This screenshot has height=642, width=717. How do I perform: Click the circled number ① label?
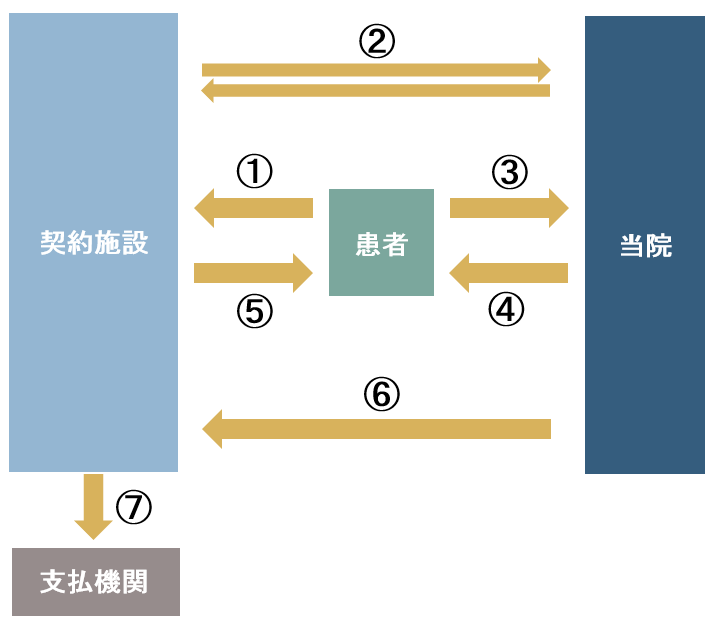tap(254, 172)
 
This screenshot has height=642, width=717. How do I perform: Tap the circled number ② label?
tap(377, 41)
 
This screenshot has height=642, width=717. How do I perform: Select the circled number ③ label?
tap(509, 172)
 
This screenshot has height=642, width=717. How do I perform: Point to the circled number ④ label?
tap(506, 310)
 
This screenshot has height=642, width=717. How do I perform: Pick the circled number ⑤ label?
tap(254, 312)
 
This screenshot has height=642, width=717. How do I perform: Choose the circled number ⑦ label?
tap(134, 508)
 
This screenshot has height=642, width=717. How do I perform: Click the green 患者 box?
tap(381, 242)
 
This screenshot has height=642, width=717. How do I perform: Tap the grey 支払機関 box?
tap(96, 582)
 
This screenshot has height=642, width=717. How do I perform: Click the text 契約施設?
tap(93, 242)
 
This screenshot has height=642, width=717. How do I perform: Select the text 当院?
tap(646, 246)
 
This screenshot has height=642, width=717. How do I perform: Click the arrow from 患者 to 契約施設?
tap(253, 208)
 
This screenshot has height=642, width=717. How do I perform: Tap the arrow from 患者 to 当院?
tap(508, 208)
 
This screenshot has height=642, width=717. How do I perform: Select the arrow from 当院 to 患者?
tap(508, 272)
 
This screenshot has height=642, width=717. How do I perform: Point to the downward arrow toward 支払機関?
tap(94, 506)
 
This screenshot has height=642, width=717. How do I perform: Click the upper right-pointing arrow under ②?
tap(376, 70)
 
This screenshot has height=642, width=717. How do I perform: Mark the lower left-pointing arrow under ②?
tap(376, 91)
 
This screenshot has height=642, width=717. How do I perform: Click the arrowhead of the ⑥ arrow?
tap(212, 430)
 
